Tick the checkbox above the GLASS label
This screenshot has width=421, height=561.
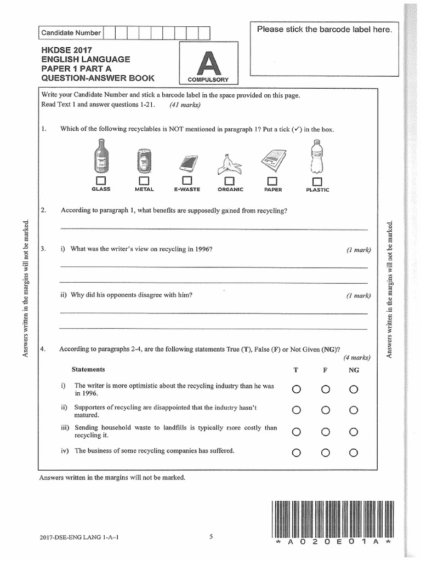101,180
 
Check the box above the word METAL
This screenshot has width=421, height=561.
144,180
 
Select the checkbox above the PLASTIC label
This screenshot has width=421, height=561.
316,181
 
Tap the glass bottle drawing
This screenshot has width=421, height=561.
101,155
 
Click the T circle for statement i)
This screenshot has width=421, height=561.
297,390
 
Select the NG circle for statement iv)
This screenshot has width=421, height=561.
354,453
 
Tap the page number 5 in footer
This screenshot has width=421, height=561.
210,536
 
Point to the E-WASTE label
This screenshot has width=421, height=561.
187,190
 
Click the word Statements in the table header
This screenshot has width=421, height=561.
88,370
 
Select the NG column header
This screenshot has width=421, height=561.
354,370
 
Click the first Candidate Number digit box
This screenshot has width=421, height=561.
109,32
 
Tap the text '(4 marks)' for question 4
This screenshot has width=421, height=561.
357,358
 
